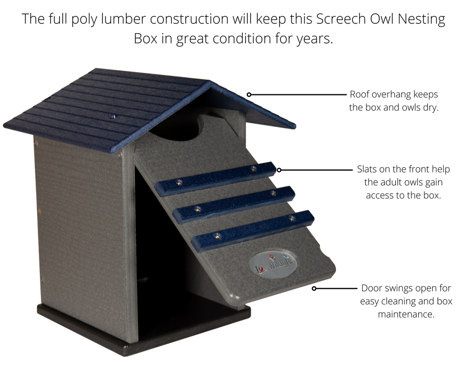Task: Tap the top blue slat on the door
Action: point(215,179)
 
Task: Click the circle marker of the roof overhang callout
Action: point(249,94)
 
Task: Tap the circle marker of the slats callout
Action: point(279,170)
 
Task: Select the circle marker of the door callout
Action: point(314,288)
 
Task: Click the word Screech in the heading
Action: point(341,19)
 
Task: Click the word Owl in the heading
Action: point(382,19)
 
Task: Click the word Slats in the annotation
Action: point(367,169)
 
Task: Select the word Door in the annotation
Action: point(371,288)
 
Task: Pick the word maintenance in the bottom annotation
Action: point(406,314)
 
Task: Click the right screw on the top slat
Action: point(253,169)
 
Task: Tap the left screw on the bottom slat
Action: point(217,236)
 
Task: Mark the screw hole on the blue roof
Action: point(113,117)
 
